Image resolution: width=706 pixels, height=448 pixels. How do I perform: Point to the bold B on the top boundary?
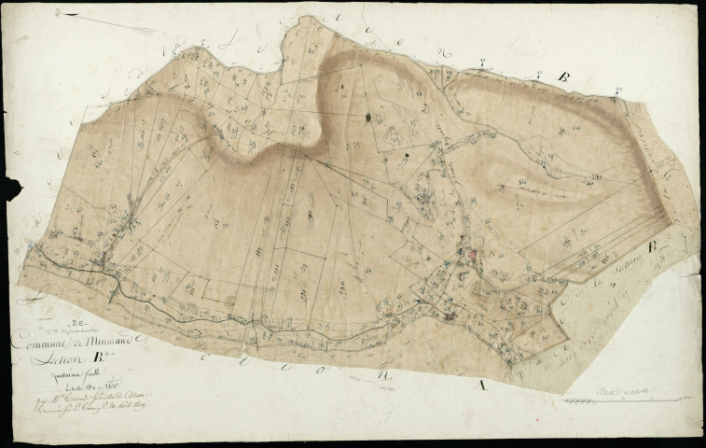[x=562, y=77]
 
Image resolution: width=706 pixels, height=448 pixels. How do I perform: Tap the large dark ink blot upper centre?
[x=368, y=118]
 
